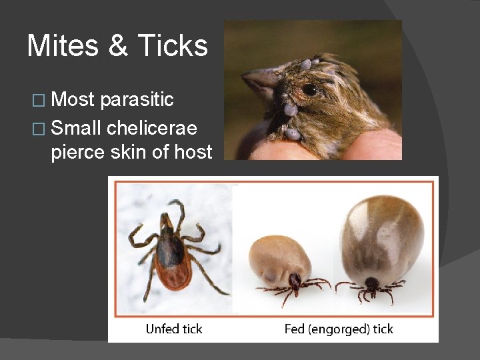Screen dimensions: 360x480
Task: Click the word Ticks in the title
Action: pyautogui.click(x=173, y=46)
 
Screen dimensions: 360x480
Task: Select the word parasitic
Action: pyautogui.click(x=137, y=100)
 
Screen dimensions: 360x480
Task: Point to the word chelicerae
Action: pyautogui.click(x=161, y=126)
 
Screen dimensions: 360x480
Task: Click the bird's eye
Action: pyautogui.click(x=309, y=89)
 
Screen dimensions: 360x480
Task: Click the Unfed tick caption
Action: pyautogui.click(x=174, y=329)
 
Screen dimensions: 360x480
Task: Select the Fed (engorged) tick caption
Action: pyautogui.click(x=339, y=329)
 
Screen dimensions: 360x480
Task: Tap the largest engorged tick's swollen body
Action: pyautogui.click(x=381, y=233)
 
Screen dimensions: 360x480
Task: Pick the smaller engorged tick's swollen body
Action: pyautogui.click(x=280, y=256)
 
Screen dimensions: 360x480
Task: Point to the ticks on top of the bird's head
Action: pyautogui.click(x=307, y=64)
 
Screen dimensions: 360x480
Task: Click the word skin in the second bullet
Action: pyautogui.click(x=131, y=152)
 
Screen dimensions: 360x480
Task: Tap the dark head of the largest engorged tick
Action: pyautogui.click(x=371, y=283)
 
